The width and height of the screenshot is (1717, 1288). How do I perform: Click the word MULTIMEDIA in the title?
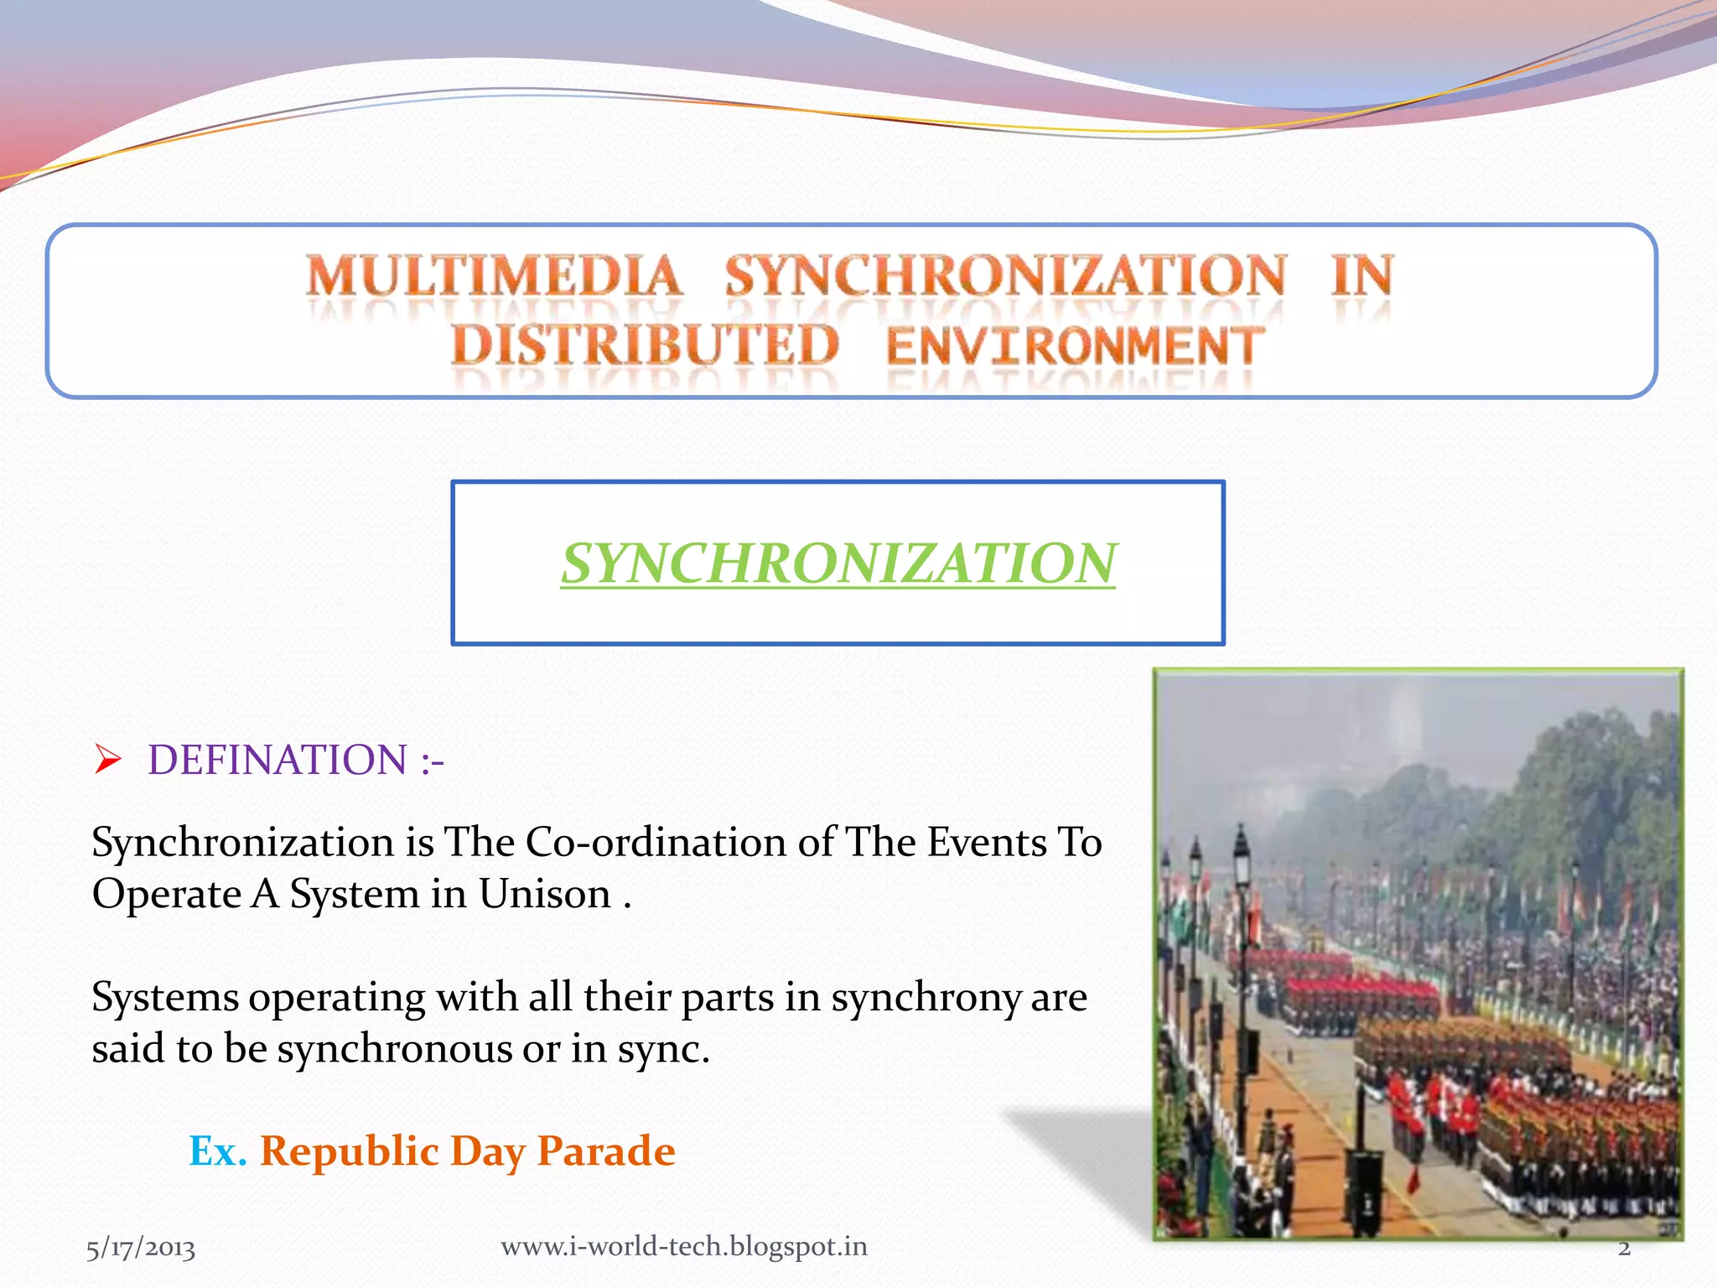[495, 277]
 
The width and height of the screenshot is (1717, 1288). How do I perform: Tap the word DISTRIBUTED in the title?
[644, 345]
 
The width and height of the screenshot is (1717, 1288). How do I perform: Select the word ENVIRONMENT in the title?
[1075, 345]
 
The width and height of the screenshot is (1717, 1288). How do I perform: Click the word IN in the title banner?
[1362, 277]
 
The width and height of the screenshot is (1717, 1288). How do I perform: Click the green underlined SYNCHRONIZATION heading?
[838, 563]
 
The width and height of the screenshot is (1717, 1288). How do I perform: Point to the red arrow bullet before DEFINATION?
[108, 759]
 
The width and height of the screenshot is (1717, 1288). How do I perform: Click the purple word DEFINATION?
[278, 760]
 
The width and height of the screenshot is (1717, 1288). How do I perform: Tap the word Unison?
[544, 894]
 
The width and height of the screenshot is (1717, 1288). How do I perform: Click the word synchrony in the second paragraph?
[925, 998]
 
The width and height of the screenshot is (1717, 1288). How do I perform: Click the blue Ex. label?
[218, 1150]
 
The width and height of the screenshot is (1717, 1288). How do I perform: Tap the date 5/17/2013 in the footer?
[141, 1248]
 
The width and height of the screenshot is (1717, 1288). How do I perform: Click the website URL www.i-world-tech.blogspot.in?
[684, 1246]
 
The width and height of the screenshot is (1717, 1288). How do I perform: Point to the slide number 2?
[1624, 1248]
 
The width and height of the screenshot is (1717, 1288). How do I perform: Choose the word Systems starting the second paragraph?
[165, 998]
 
